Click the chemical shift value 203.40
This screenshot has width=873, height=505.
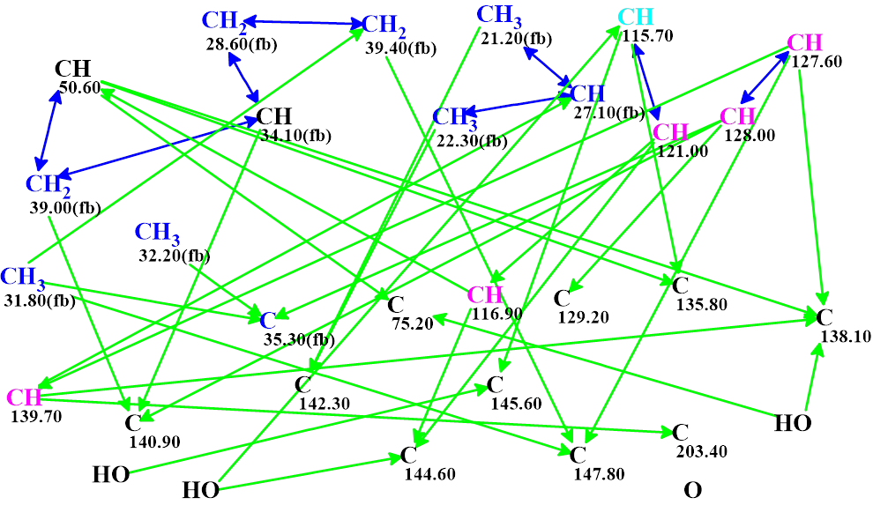(x=701, y=451)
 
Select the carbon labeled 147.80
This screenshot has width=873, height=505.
(x=578, y=455)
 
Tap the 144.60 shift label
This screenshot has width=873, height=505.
(x=429, y=474)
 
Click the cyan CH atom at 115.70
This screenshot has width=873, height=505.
(x=636, y=17)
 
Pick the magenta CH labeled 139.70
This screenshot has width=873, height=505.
(x=24, y=397)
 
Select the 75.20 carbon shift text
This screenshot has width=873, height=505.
(x=412, y=323)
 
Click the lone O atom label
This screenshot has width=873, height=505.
(x=693, y=490)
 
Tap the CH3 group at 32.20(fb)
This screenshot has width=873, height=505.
(x=157, y=233)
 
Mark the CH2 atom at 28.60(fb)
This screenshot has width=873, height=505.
(x=224, y=19)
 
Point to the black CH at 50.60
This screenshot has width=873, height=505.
(x=72, y=69)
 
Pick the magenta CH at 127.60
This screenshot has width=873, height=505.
(x=804, y=42)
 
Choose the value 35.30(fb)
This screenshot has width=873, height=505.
(x=299, y=338)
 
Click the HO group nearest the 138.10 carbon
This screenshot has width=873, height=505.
(x=793, y=423)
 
